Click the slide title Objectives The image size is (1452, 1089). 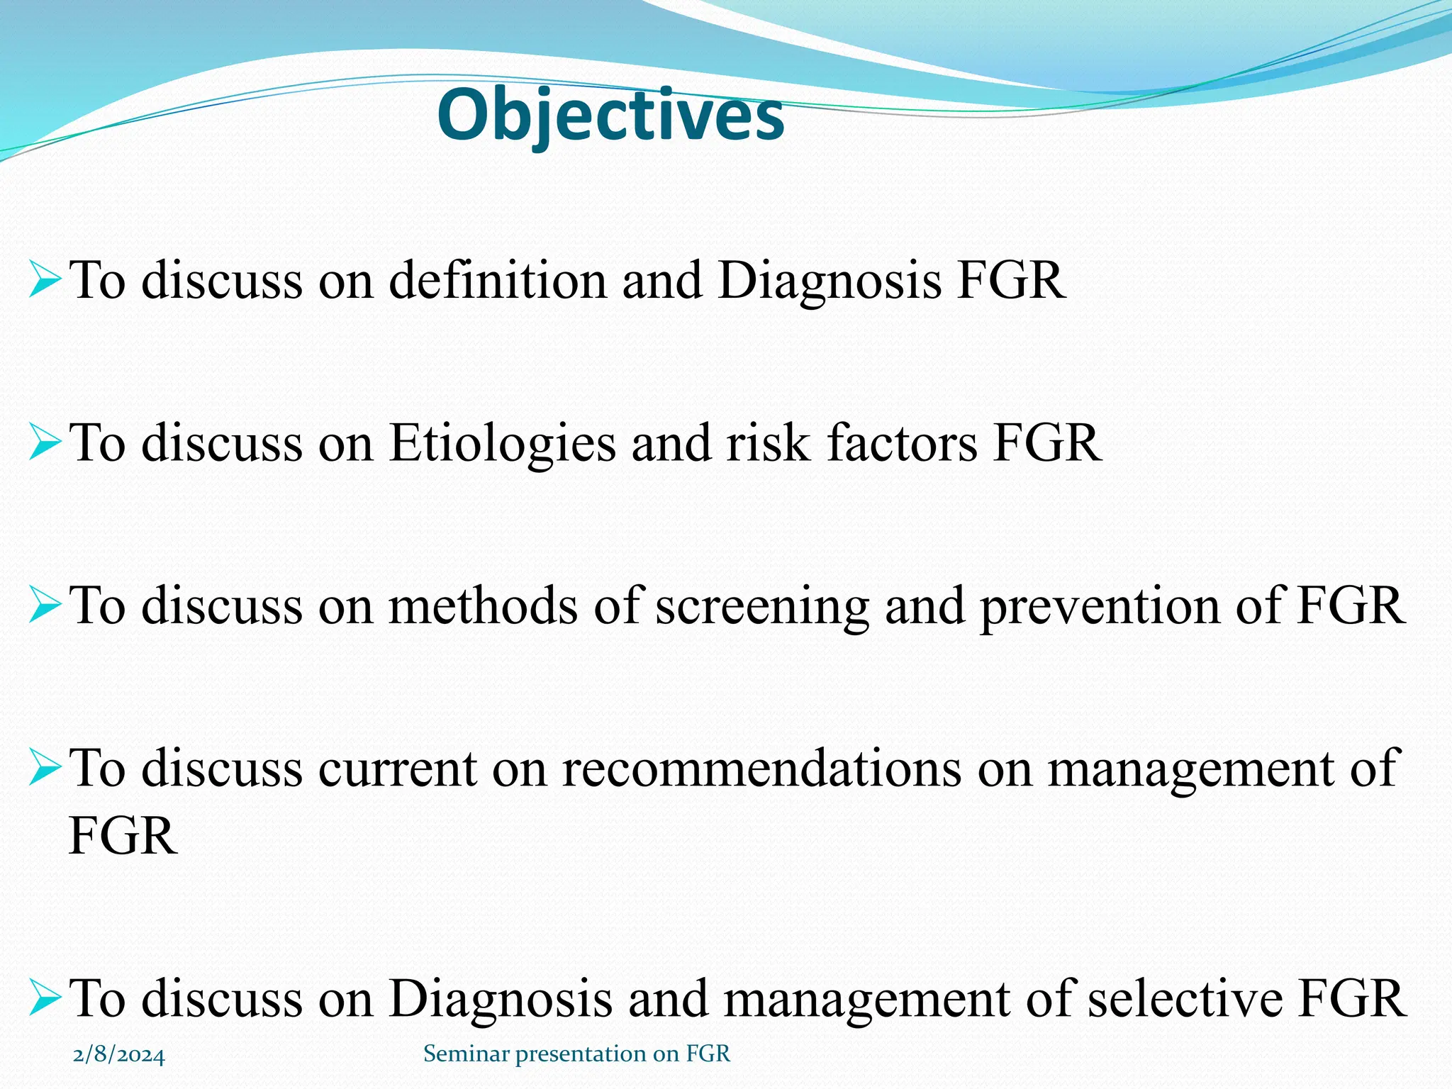(610, 116)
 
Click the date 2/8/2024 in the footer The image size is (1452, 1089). (119, 1056)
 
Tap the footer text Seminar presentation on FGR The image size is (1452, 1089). (576, 1054)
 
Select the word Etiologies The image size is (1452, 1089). (502, 444)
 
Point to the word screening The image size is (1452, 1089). (762, 607)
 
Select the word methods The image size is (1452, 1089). (483, 607)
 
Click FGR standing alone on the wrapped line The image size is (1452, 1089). (123, 837)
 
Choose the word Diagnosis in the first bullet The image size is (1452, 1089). (830, 281)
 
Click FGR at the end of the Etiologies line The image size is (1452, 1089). (1047, 444)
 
